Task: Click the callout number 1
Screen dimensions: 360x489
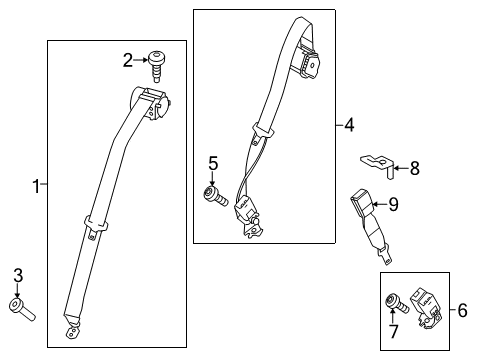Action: coord(36,185)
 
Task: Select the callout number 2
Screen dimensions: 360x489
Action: coord(127,61)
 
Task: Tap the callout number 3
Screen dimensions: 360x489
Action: coord(17,275)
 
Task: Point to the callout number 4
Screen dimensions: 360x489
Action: coord(347,125)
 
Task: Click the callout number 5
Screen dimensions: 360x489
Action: coord(212,162)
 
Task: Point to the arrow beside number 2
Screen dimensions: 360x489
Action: coord(142,61)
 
